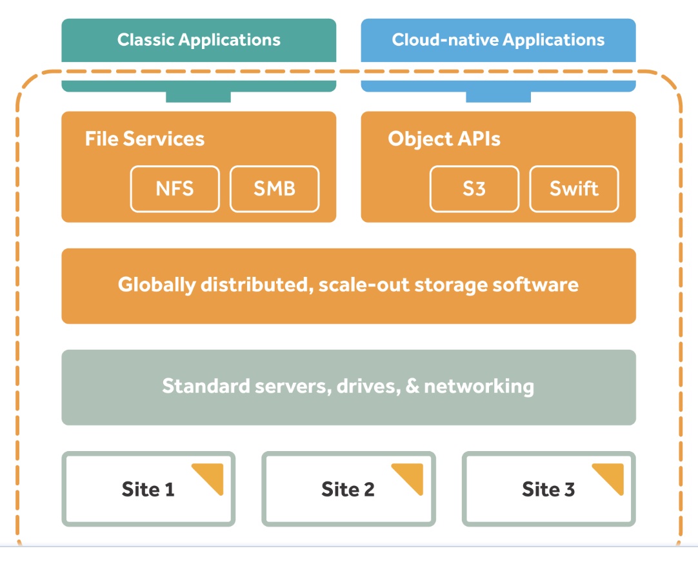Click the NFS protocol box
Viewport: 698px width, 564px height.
point(175,189)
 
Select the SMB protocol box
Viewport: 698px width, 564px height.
point(274,189)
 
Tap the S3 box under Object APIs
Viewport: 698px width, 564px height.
point(474,189)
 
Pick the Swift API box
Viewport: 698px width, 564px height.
point(573,189)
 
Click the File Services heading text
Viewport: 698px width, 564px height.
point(145,139)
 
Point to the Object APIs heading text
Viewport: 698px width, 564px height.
point(444,139)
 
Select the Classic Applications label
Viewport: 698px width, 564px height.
point(199,40)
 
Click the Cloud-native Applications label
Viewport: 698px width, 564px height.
point(498,40)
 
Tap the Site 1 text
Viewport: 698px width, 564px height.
point(148,489)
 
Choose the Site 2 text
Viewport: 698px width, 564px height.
point(348,489)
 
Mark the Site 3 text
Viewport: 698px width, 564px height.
point(548,489)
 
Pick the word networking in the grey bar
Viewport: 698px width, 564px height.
point(479,387)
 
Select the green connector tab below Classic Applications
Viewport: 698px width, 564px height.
point(198,97)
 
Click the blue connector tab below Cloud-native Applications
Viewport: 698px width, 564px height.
point(498,97)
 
